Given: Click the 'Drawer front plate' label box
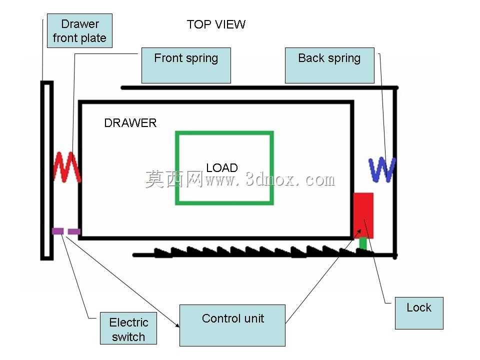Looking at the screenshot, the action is click(x=79, y=30).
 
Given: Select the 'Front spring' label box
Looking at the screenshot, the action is click(x=186, y=65).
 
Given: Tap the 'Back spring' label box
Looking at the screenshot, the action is click(x=329, y=65).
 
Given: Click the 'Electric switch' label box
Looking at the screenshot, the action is click(x=128, y=328).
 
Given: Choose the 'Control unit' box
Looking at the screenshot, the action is click(x=232, y=325).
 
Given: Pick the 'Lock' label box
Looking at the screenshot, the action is click(x=419, y=313).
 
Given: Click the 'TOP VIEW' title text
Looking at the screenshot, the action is click(x=216, y=24).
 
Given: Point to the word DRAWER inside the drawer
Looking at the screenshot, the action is click(x=130, y=123).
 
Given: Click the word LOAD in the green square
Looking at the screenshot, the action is click(x=222, y=168).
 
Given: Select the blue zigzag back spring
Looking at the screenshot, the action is click(x=382, y=169).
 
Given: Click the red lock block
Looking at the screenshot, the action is click(x=363, y=215).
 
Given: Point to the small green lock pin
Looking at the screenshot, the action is click(x=363, y=243).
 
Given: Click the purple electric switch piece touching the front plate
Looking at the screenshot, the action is click(x=58, y=231).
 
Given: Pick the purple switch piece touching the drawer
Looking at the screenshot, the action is click(x=74, y=231).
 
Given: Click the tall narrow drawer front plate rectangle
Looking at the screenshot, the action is click(x=47, y=170).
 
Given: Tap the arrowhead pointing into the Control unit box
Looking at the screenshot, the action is click(x=177, y=325).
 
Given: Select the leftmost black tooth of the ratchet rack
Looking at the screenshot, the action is click(x=161, y=252).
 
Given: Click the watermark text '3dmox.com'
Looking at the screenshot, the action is click(x=290, y=179).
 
